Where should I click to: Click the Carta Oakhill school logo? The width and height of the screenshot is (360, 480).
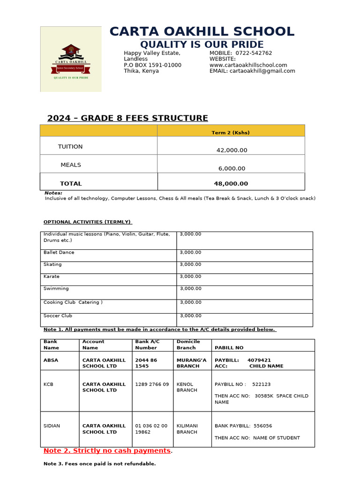(71, 59)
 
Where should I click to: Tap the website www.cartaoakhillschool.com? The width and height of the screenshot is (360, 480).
(248, 65)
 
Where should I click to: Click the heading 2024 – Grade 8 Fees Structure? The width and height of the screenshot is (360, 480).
(127, 118)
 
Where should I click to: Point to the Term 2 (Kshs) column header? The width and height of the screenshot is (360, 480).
(231, 133)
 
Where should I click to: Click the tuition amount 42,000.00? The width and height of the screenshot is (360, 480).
(232, 150)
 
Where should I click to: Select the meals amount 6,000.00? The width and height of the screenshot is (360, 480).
(232, 168)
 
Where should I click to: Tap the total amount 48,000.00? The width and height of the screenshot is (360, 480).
(231, 184)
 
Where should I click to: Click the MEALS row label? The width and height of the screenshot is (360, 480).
(71, 165)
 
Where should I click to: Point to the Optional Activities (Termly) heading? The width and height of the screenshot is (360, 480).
(88, 222)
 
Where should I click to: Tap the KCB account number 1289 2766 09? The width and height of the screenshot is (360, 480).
(152, 384)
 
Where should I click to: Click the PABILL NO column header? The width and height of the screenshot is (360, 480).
(229, 348)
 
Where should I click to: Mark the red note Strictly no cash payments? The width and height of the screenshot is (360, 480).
(107, 450)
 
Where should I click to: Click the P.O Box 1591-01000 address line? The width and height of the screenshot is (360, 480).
(152, 65)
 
